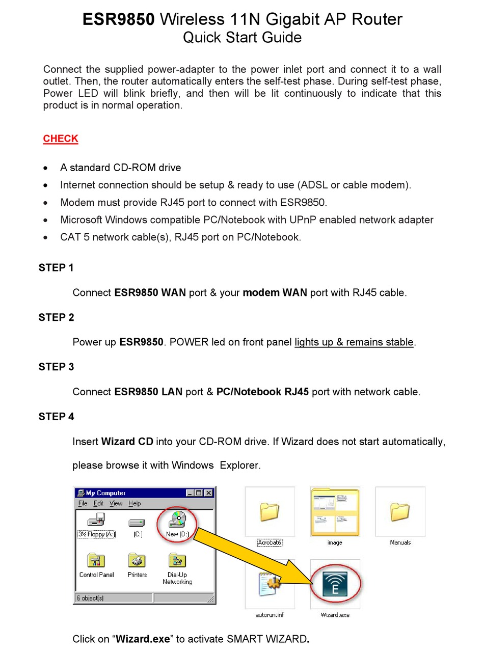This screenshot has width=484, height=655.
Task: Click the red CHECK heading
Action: click(x=60, y=139)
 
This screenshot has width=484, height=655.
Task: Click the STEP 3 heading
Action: click(x=56, y=367)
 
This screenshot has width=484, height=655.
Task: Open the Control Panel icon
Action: click(x=96, y=561)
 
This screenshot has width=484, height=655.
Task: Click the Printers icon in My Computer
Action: click(x=137, y=561)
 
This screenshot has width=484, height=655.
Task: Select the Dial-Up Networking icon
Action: click(x=177, y=561)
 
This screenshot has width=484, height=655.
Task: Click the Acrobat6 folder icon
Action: click(x=270, y=512)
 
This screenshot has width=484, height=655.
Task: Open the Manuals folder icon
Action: click(x=400, y=512)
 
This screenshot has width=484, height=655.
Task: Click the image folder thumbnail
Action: click(x=335, y=512)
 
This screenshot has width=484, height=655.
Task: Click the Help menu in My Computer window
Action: click(x=135, y=503)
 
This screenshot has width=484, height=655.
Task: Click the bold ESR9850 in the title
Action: click(x=118, y=19)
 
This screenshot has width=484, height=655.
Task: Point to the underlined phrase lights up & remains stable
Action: click(x=354, y=342)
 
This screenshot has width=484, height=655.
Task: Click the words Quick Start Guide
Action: click(x=242, y=37)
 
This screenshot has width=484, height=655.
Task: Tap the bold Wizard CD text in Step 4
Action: click(x=127, y=442)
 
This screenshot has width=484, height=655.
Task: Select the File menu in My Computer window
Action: click(x=83, y=503)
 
